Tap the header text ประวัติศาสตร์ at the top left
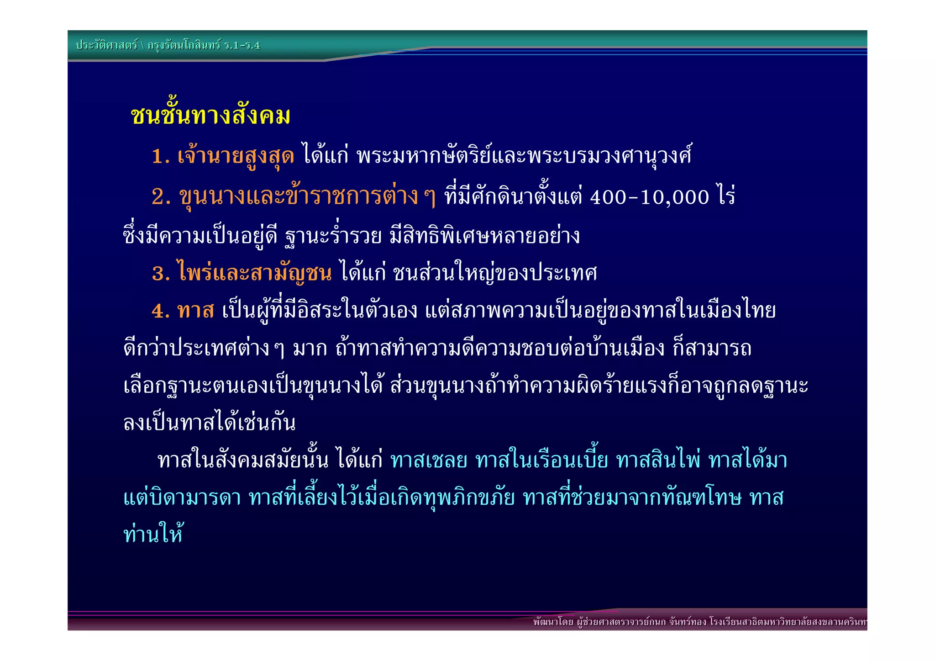click(x=106, y=45)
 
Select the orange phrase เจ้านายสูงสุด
click(x=236, y=157)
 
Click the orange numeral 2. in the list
click(x=161, y=197)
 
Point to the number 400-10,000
click(x=649, y=197)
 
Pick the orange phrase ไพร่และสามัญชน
click(x=255, y=273)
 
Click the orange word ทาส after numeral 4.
click(x=195, y=311)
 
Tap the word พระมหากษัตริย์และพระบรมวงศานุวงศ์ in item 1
click(x=524, y=157)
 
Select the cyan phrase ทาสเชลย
click(x=429, y=460)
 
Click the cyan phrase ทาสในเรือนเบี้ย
click(x=541, y=460)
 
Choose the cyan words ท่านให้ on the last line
click(x=153, y=534)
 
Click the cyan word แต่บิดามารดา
click(x=182, y=498)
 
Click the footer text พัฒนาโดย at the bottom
click(x=553, y=622)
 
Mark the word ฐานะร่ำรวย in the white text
click(x=333, y=236)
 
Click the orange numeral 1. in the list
click(x=161, y=157)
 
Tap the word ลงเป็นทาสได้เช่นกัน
click(x=210, y=423)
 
